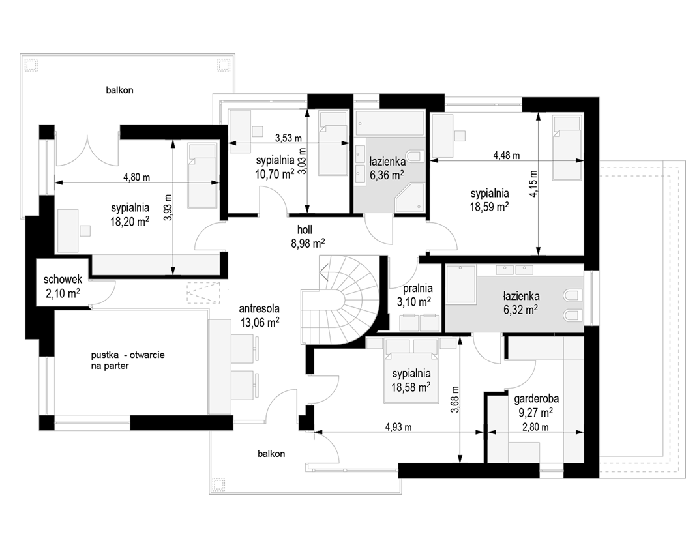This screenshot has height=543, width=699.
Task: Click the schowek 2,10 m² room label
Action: click(x=63, y=286)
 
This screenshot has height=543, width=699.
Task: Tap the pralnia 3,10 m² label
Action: click(x=414, y=295)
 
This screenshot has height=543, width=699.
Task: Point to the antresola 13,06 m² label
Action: click(x=260, y=316)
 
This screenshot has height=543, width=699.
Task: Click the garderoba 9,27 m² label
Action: click(x=536, y=405)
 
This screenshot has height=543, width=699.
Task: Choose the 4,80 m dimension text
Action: click(x=136, y=177)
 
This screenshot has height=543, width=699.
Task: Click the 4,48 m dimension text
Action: click(x=507, y=156)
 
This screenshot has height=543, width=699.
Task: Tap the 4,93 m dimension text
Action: click(x=398, y=427)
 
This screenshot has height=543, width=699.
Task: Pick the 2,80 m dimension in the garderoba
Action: click(x=535, y=427)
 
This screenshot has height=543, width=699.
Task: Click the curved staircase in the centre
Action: click(x=340, y=301)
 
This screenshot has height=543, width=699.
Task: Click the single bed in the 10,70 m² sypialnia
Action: click(x=333, y=143)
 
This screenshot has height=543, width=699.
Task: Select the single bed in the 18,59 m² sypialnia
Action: click(x=567, y=147)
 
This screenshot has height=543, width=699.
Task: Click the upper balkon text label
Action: click(x=119, y=90)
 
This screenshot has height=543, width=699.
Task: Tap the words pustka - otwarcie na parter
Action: click(x=128, y=360)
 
